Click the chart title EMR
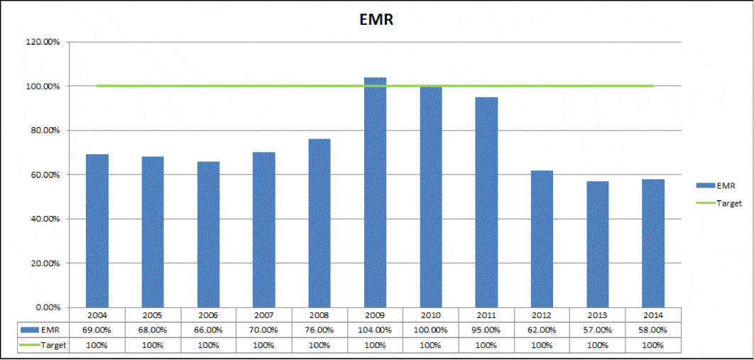(x=377, y=19)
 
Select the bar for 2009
(x=375, y=192)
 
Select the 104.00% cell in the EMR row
(x=375, y=329)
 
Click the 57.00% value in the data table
(x=598, y=329)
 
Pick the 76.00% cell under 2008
(x=319, y=329)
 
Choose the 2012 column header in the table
(x=542, y=315)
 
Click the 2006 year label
(x=208, y=315)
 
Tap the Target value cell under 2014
(x=653, y=345)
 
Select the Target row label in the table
(x=42, y=345)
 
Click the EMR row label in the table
(x=42, y=329)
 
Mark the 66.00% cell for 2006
(x=208, y=329)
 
